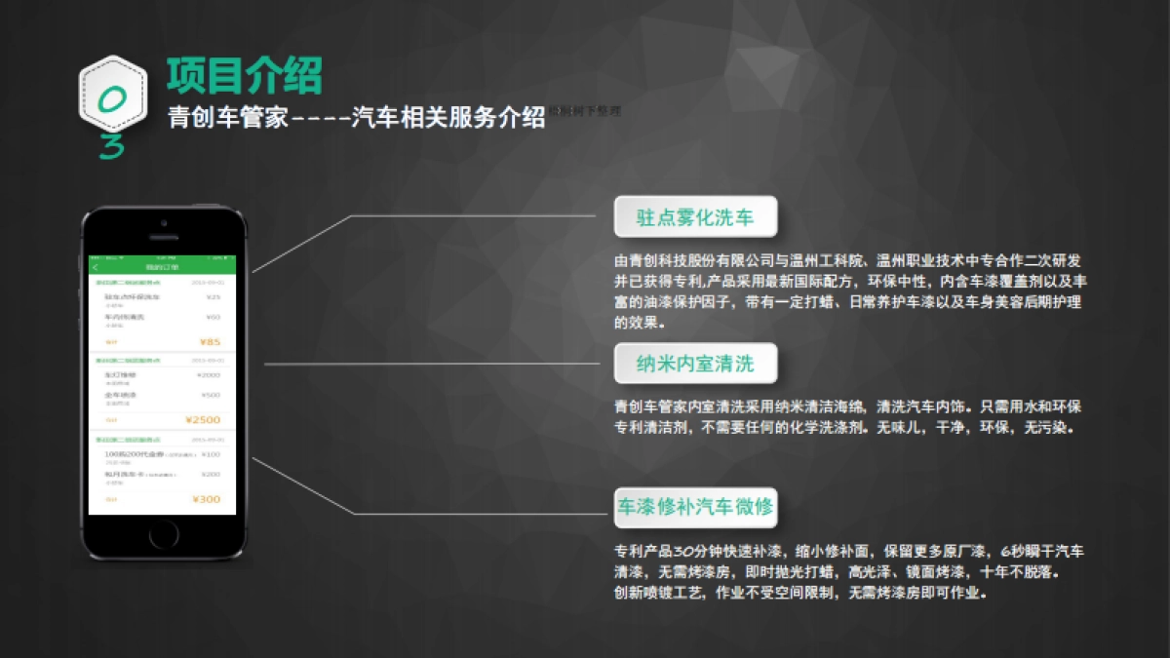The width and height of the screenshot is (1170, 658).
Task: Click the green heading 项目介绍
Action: coord(244,76)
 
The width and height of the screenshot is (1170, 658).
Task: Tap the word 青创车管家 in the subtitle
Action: coord(228,119)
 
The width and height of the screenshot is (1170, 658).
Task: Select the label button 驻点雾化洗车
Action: coord(695,216)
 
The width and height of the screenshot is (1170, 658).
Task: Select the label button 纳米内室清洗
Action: coord(695,364)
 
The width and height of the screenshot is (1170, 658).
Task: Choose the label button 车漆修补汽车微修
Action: coord(695,507)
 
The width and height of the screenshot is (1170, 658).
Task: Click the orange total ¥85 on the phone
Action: coord(210,342)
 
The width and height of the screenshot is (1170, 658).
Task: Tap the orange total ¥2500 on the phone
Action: coord(203,420)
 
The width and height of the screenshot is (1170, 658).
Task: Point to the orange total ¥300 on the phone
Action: coord(207,499)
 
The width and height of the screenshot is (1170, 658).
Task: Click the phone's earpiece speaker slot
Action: coord(163,237)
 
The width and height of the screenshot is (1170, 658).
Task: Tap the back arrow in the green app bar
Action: coord(96,267)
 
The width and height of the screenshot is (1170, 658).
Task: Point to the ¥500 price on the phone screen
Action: coord(211,395)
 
